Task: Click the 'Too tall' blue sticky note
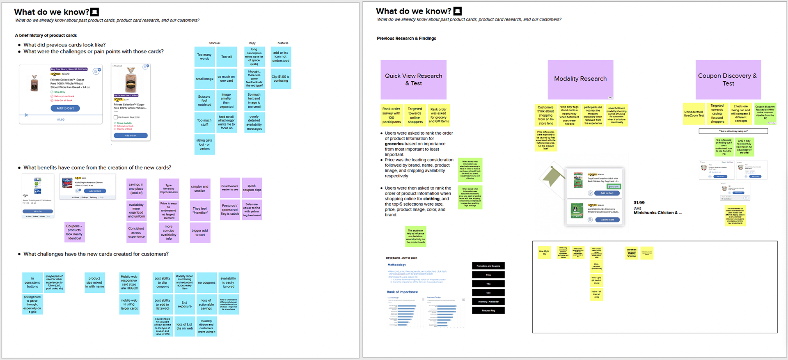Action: pyautogui.click(x=227, y=57)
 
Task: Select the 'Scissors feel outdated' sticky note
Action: pyautogui.click(x=204, y=101)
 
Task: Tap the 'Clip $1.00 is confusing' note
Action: pyautogui.click(x=281, y=78)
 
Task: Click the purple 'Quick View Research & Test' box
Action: pyautogui.click(x=413, y=80)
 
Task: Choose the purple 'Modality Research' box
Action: pyautogui.click(x=580, y=79)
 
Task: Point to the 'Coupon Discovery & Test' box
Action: pyautogui.click(x=728, y=80)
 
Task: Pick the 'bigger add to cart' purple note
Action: pyautogui.click(x=200, y=232)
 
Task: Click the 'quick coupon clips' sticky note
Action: pyautogui.click(x=252, y=188)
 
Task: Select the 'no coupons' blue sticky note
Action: pyautogui.click(x=206, y=282)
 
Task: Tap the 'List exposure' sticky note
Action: pyautogui.click(x=185, y=304)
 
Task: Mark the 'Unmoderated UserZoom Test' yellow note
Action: pyautogui.click(x=694, y=114)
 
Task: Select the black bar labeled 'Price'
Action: pyautogui.click(x=488, y=275)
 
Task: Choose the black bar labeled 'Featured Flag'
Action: pyautogui.click(x=488, y=311)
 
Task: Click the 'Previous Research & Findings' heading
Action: pyautogui.click(x=406, y=38)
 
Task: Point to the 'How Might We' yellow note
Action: pyautogui.click(x=544, y=252)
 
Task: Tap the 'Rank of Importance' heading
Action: pyautogui.click(x=402, y=292)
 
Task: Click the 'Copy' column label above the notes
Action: pyautogui.click(x=252, y=43)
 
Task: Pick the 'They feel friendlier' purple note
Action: pyautogui.click(x=200, y=211)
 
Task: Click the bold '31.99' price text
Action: pyautogui.click(x=639, y=203)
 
